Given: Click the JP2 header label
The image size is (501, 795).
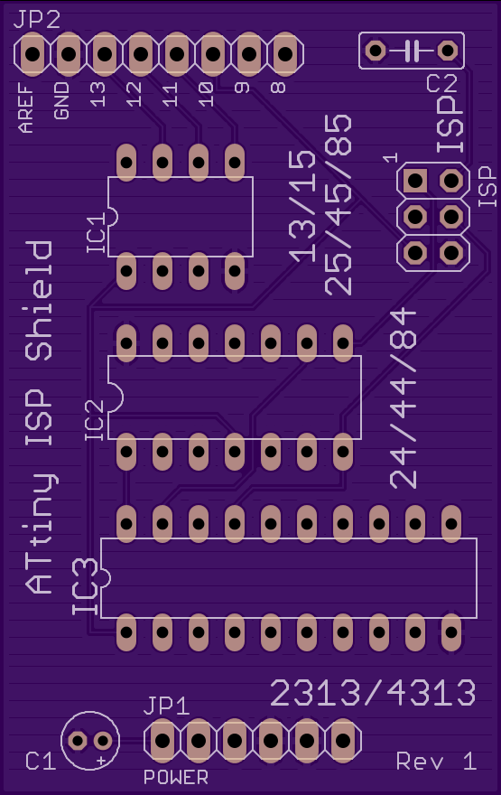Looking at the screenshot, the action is [36, 20].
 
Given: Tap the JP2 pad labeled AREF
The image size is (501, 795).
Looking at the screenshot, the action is [32, 53].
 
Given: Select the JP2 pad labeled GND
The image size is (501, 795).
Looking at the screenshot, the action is [69, 53].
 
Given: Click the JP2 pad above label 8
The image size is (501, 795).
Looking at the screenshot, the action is [285, 53].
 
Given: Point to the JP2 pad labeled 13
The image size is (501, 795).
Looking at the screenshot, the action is [105, 53].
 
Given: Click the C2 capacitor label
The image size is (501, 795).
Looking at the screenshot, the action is [442, 83].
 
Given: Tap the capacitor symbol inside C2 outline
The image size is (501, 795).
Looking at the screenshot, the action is [412, 51].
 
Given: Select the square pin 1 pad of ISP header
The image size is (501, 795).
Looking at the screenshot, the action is [415, 181].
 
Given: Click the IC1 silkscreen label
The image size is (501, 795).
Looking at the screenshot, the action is [97, 232].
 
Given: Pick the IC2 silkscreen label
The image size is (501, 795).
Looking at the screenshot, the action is [95, 420].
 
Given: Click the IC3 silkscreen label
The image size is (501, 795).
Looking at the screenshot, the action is [85, 586].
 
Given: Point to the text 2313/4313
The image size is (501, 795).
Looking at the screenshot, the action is [374, 693].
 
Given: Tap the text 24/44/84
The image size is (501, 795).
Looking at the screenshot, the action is [404, 398].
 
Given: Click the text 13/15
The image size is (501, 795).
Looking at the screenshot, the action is [302, 207].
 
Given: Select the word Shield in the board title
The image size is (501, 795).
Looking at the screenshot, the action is [39, 301].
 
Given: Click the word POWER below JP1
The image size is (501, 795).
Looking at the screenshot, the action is [176, 777].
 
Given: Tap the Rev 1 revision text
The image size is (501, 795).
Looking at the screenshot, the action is [436, 761].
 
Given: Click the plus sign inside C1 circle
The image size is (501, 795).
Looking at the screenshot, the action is [101, 761].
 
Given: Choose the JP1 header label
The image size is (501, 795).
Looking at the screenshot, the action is [167, 706].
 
